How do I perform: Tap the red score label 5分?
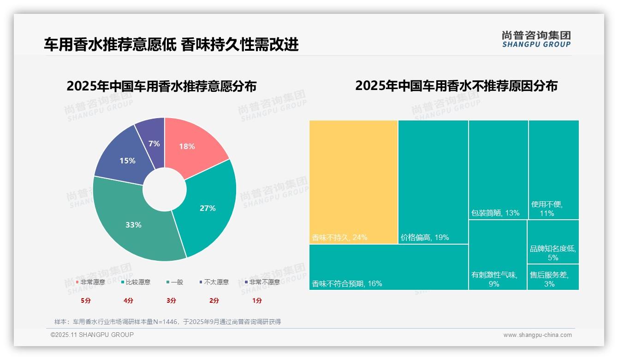[x=86, y=300]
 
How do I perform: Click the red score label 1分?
[x=257, y=300]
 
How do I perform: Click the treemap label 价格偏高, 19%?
[x=425, y=238]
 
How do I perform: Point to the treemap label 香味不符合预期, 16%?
[x=347, y=284]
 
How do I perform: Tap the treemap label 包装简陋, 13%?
[x=495, y=213]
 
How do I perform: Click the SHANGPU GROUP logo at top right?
[x=536, y=39]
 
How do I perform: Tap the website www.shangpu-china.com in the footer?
[x=537, y=335]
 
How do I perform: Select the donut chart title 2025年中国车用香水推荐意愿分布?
[x=161, y=86]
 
